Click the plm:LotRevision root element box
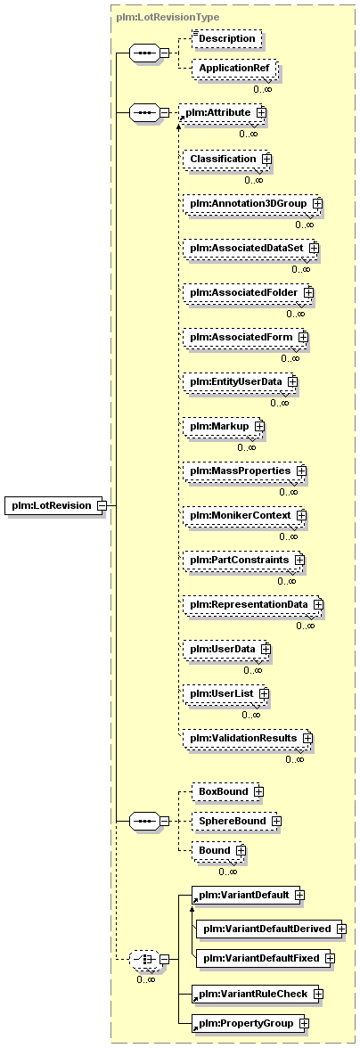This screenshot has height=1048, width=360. pos(56,505)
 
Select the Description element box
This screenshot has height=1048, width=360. pos(226,39)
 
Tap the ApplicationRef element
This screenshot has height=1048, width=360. pos(233,68)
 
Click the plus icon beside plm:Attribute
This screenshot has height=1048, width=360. pos(261,113)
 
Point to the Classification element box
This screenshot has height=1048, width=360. pos(227,159)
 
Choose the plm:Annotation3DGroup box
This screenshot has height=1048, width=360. pos(252,202)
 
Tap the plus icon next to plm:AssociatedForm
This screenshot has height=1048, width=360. pos(303,338)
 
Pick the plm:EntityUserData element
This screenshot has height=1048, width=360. pos(240,381)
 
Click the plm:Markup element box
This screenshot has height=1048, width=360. pos(223,426)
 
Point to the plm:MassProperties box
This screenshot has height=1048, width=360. pos(244,471)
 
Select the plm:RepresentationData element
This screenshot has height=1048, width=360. pos(252,604)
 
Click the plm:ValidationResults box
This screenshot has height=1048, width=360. pos(247,738)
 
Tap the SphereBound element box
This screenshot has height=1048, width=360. pos(233,820)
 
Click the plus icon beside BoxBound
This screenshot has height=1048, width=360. pos(258,791)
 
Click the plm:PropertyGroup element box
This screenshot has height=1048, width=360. pos(250,1023)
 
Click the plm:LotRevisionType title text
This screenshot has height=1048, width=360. pos(167,17)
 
